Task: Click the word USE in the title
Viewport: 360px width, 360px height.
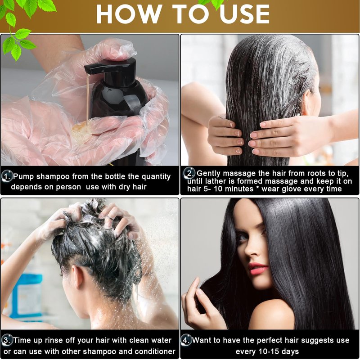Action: click(244, 14)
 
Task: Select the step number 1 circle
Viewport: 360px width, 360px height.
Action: click(7, 176)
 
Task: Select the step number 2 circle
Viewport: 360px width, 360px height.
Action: click(190, 173)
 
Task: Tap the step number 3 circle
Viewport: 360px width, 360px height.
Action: click(7, 340)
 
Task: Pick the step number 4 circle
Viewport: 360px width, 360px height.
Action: click(186, 340)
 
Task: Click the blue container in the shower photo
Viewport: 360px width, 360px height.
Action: click(27, 296)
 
